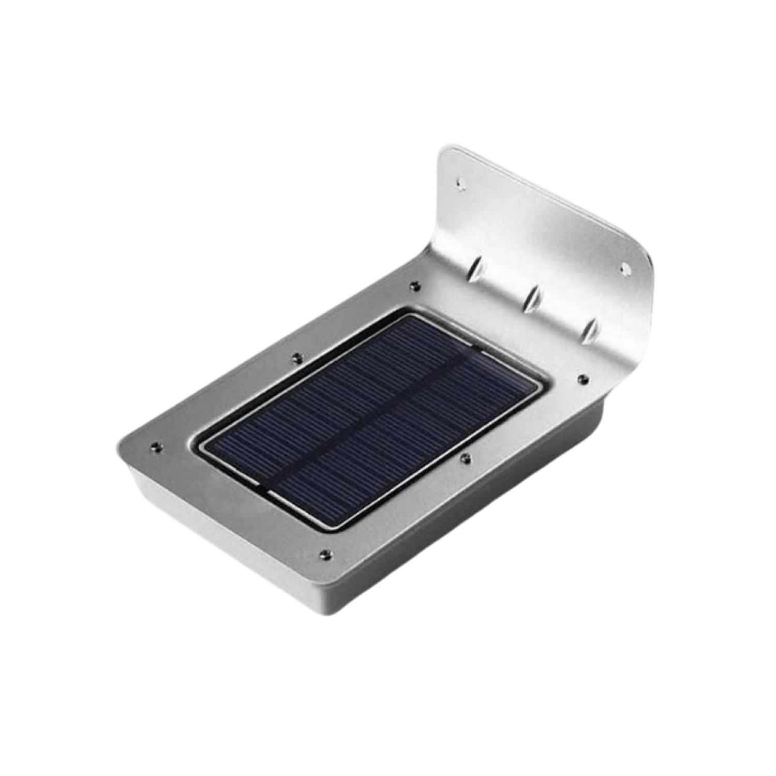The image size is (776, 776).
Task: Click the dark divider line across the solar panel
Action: click(x=362, y=414)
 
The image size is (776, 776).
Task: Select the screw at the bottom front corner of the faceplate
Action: click(x=324, y=554)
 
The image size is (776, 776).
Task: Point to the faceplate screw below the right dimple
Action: click(x=582, y=379)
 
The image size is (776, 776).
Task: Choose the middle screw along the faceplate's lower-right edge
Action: click(x=466, y=457)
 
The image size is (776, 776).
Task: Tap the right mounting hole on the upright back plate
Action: click(x=624, y=268)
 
